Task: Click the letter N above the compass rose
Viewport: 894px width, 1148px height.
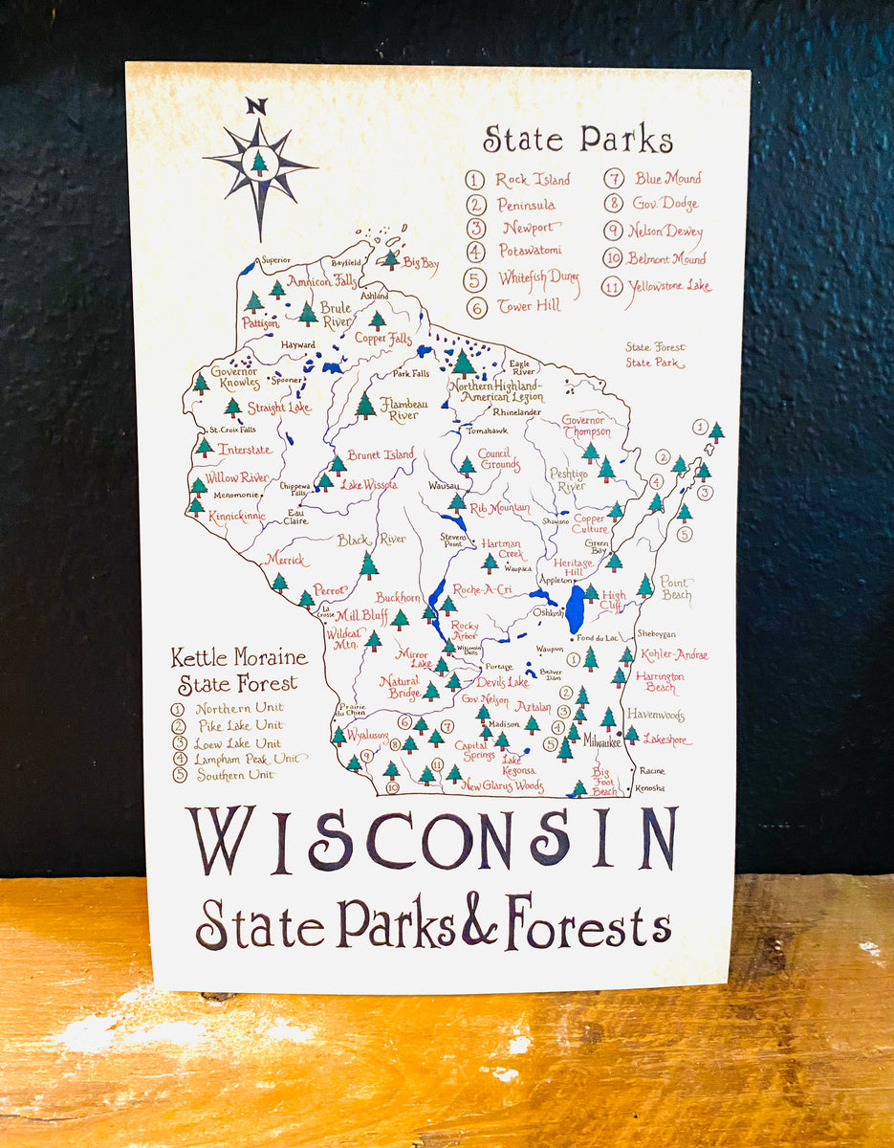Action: (x=255, y=106)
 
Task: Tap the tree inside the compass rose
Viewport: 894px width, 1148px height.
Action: (x=258, y=163)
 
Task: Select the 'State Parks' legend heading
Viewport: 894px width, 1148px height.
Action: (x=578, y=140)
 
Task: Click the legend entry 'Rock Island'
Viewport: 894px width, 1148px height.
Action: (x=533, y=180)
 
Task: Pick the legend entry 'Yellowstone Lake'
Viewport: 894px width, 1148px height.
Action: (x=669, y=286)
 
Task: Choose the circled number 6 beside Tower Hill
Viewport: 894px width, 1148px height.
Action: (x=477, y=308)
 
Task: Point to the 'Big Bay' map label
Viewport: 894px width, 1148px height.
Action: (x=420, y=261)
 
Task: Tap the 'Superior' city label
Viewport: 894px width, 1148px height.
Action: (x=275, y=260)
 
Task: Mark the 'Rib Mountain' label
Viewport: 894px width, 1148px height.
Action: (x=500, y=507)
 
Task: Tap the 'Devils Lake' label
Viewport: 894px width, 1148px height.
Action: (x=502, y=682)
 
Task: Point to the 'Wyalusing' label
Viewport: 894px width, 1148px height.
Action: (x=367, y=735)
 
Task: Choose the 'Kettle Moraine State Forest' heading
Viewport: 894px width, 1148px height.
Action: (x=239, y=670)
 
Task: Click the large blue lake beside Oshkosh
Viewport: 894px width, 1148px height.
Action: (x=575, y=610)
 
